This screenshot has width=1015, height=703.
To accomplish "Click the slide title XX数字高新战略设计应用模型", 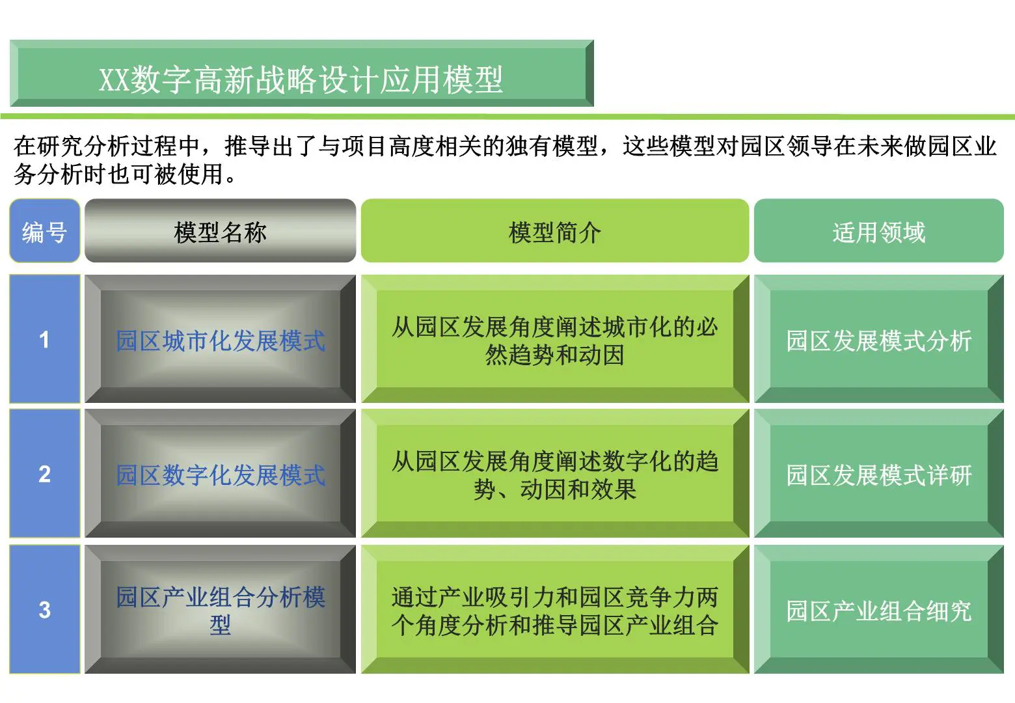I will click(x=301, y=79).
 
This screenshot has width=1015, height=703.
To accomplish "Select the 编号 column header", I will click(x=44, y=232).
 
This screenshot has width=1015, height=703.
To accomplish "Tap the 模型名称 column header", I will click(x=220, y=232).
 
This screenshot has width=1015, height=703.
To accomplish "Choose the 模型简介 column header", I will click(x=554, y=232).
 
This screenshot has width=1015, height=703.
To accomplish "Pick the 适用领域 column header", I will click(x=878, y=232).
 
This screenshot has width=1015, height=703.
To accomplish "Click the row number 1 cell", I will click(x=44, y=339).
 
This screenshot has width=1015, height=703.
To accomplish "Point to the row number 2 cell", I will click(x=44, y=474).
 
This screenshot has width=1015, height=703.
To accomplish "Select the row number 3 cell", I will click(x=44, y=609).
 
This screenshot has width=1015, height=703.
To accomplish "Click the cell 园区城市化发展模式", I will click(x=220, y=340).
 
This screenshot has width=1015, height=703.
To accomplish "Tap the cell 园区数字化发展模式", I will click(x=220, y=475).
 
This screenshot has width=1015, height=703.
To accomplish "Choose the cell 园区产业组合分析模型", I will click(x=220, y=610).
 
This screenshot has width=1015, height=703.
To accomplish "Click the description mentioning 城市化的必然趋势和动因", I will click(x=554, y=340).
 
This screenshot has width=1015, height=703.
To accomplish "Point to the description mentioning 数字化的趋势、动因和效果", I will click(x=554, y=475).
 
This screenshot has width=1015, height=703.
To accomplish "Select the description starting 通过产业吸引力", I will click(x=554, y=611).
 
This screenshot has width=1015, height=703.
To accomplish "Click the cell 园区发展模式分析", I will click(x=878, y=340).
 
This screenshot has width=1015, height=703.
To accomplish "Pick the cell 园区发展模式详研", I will click(x=878, y=475).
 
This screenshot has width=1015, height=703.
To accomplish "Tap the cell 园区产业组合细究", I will click(x=878, y=611).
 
